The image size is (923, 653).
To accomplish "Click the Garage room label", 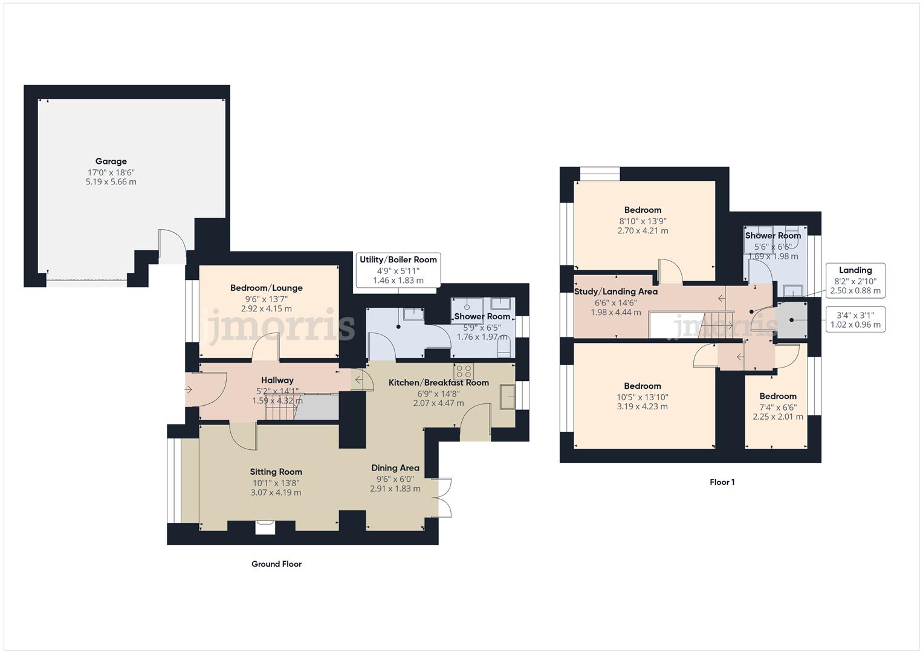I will coord(111,161).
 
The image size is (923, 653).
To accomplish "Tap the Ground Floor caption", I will coord(276,564).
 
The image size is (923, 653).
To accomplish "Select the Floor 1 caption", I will coord(722,482).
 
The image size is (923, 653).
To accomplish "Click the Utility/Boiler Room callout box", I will coord(398,270).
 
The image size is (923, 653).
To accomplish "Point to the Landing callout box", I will coord(855,280).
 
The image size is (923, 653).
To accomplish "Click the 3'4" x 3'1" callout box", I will coord(855,320).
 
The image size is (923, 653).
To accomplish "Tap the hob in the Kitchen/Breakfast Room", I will coord(464,371).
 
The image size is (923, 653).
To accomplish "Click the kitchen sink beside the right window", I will coord(507,397).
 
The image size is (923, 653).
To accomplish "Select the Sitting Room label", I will coord(276,472).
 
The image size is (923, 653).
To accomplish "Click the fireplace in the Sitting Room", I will coord(265,527).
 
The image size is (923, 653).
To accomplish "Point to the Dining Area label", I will coord(395,468).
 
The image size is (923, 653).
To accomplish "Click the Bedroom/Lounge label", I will coord(266,288).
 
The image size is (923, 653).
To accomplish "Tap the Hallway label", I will coord(277,380).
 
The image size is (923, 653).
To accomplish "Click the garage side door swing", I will coord(171,246).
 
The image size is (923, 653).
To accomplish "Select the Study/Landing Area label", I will coord(615,292).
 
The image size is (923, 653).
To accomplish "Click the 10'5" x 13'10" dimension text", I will coord(642,397).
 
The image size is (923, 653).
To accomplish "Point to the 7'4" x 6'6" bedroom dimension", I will coord(778,408).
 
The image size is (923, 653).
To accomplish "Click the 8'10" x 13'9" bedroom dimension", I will coord(643,221).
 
